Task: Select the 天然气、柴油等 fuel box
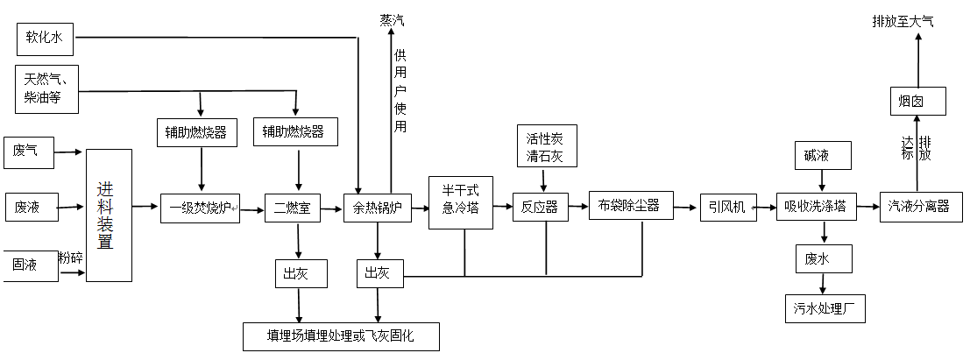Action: coord(47,88)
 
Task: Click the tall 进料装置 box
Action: coord(109,215)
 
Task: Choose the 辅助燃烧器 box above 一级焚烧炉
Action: coord(196,132)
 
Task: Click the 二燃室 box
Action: coord(293,208)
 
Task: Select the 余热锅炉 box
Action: coord(377,208)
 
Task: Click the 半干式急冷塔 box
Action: coord(460,202)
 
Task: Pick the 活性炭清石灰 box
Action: coord(544,145)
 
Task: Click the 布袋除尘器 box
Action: coord(629,207)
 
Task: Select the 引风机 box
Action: coord(727,207)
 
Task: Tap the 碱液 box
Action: coord(821,157)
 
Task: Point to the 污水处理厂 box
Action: coord(823,307)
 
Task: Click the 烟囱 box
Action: coord(917,101)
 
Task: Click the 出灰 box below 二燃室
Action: coord(301,273)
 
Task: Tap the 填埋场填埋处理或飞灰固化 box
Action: coord(341,336)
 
